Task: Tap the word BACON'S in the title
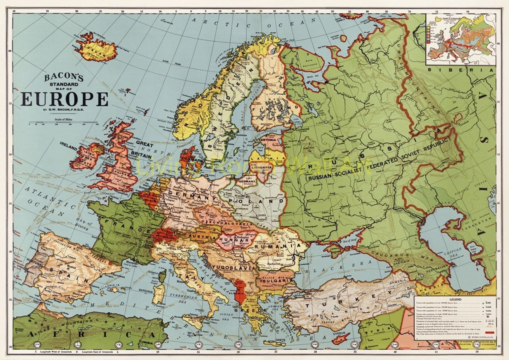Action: click(x=64, y=77)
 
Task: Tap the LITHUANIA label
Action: click(x=262, y=167)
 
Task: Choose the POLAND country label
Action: click(x=256, y=201)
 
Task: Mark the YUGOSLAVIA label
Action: click(x=234, y=267)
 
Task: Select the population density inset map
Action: click(x=461, y=39)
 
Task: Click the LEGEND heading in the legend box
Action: click(x=455, y=299)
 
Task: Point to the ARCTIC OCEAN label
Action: click(x=253, y=23)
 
